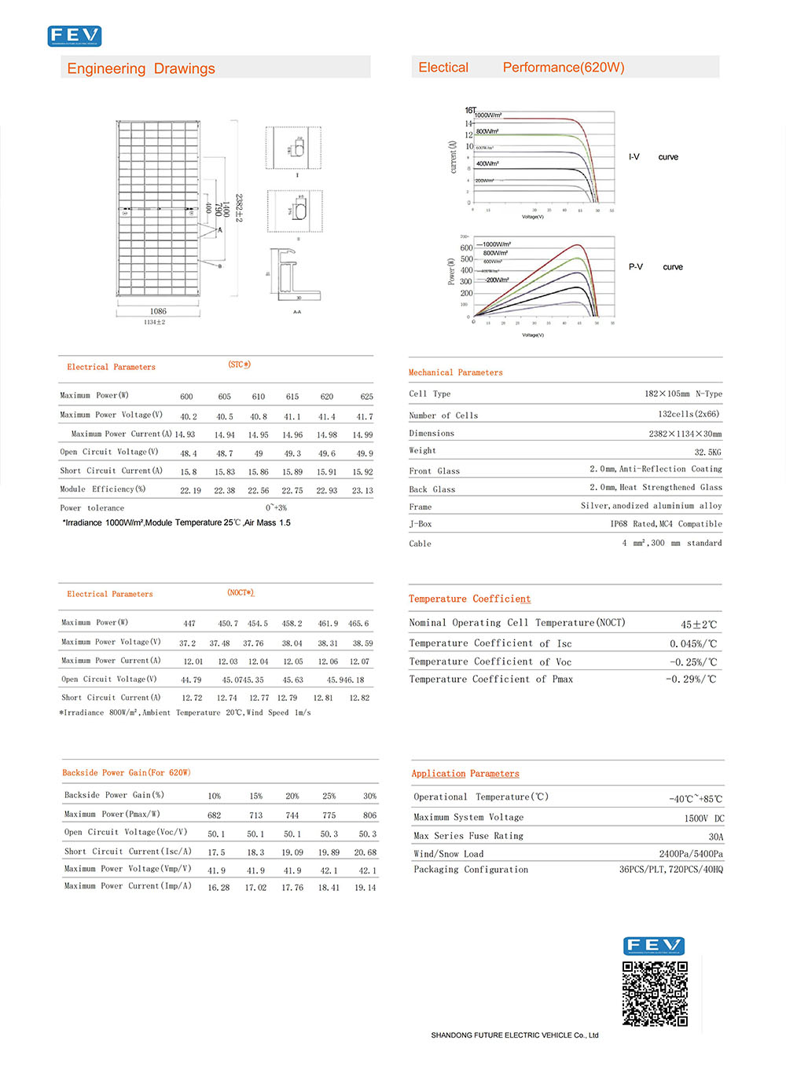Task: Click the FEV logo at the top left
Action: [x=75, y=36]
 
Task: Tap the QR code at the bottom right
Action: [x=655, y=993]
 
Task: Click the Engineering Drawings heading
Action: [x=141, y=68]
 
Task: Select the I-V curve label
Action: [x=652, y=157]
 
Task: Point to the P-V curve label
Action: [x=655, y=267]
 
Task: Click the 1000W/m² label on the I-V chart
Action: [x=488, y=115]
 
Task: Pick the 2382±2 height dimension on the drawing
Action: [x=238, y=208]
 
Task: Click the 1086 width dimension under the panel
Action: [x=158, y=311]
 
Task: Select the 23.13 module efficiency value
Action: [x=362, y=490]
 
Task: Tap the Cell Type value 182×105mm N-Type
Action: [x=682, y=394]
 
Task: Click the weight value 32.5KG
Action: [x=707, y=452]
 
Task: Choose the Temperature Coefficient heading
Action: [x=469, y=599]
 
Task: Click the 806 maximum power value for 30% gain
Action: [x=369, y=815]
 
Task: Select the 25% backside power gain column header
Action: [x=329, y=796]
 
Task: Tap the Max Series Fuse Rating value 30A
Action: [x=715, y=837]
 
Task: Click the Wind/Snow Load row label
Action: [x=448, y=854]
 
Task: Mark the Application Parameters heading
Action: [x=465, y=774]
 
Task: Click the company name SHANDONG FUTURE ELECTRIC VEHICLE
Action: [x=514, y=1035]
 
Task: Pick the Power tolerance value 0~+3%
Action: [x=276, y=508]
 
